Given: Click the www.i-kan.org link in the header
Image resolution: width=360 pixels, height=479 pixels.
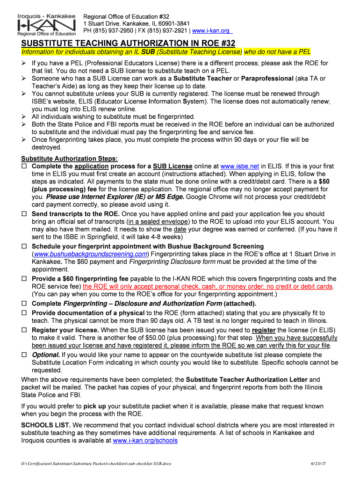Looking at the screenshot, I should tap(212, 30).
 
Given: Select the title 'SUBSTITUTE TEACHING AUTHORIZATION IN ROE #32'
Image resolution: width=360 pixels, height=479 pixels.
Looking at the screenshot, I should tap(128, 43).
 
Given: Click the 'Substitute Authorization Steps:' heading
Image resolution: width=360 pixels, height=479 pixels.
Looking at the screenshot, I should tap(70, 159).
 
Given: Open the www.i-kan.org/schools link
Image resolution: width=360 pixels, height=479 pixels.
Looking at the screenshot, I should tap(145, 440).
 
